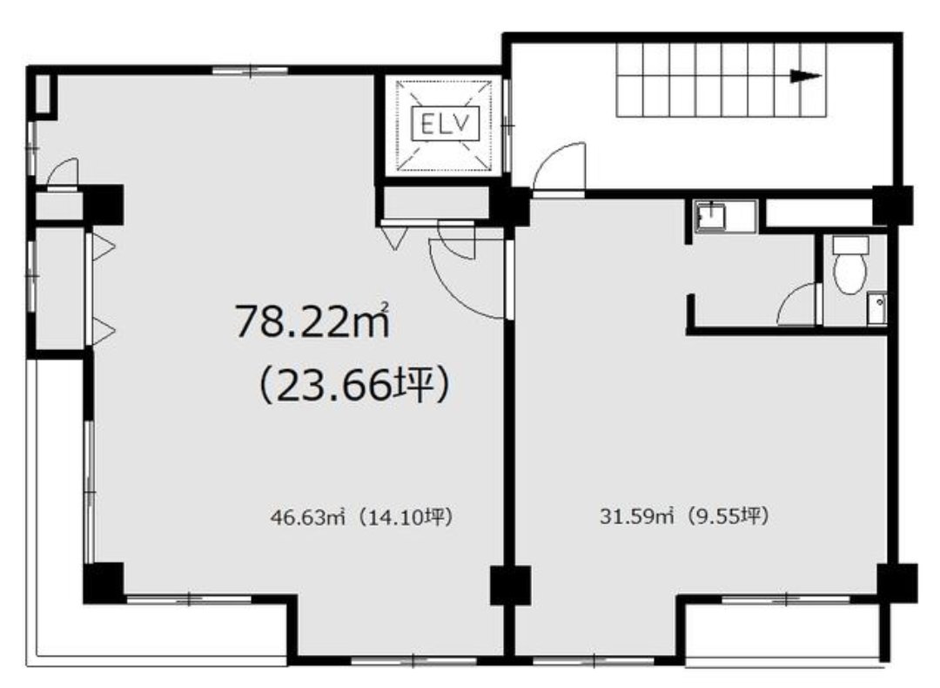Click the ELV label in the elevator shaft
coord(446,125)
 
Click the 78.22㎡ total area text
coord(312,320)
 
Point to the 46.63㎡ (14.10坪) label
coord(361,516)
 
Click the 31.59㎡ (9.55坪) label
coord(684,516)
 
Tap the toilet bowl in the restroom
coord(850,273)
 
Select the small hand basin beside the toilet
coord(876,307)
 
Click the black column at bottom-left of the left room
coord(104,583)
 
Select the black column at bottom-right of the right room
coord(897,583)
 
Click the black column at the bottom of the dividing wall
coord(510,585)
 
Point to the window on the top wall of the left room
coord(250,71)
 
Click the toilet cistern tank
coord(850,244)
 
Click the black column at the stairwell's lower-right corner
coord(893,206)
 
